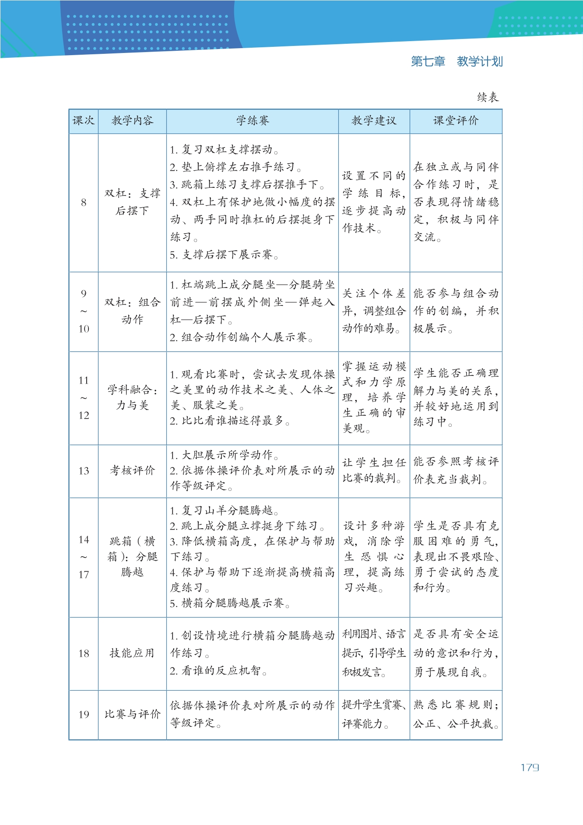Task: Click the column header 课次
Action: [x=83, y=121]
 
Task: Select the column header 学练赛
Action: [x=253, y=121]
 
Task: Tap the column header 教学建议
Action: [x=374, y=121]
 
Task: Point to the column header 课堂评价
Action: [x=456, y=121]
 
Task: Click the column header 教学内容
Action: [x=132, y=121]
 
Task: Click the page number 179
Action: [x=530, y=768]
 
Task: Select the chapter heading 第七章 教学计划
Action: [x=457, y=61]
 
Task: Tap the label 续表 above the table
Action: [x=488, y=97]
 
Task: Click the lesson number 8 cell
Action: [x=83, y=202]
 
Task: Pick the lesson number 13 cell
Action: [x=83, y=471]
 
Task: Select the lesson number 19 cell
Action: [x=83, y=715]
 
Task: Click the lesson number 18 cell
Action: [x=83, y=653]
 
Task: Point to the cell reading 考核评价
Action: [x=132, y=470]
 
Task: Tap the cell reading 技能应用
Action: [x=132, y=653]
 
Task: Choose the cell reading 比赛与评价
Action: [x=132, y=714]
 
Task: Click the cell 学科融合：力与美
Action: [x=132, y=397]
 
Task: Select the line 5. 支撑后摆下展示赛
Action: [x=224, y=255]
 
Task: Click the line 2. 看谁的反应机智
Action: [x=218, y=671]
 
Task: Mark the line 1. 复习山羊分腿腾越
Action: [x=224, y=510]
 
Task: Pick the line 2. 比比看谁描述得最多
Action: [x=230, y=421]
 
